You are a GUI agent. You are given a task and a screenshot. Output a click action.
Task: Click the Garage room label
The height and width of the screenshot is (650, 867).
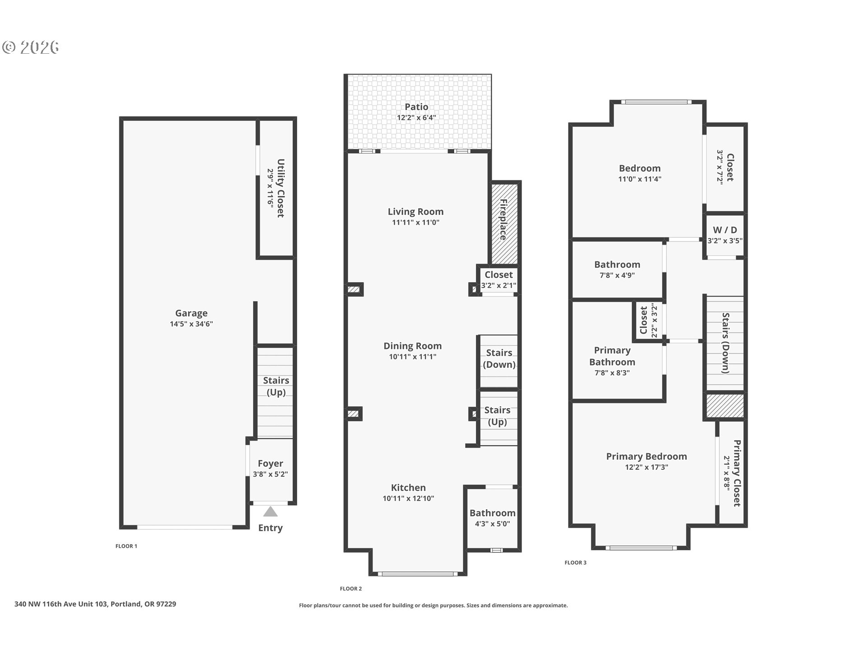pyautogui.click(x=191, y=313)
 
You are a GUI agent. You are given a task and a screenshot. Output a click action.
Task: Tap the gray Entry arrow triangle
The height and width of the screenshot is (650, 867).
pyautogui.click(x=270, y=512)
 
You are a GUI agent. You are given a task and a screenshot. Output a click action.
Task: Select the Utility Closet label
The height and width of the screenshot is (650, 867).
pyautogui.click(x=280, y=188)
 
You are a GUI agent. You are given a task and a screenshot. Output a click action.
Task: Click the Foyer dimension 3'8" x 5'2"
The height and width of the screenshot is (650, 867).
pyautogui.click(x=270, y=474)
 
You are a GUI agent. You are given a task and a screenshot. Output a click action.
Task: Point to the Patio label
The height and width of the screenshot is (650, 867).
pyautogui.click(x=416, y=107)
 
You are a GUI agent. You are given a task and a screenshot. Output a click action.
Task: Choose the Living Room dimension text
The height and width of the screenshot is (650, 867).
pyautogui.click(x=415, y=223)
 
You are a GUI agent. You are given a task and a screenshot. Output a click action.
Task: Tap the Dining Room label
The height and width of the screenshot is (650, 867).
pyautogui.click(x=413, y=346)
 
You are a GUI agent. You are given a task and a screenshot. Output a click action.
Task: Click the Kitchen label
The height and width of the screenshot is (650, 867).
pyautogui.click(x=408, y=488)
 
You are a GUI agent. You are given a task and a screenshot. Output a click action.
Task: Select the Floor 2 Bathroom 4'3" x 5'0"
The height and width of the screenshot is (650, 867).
pyautogui.click(x=492, y=524)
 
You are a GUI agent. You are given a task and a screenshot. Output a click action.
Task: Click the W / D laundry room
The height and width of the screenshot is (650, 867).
pyautogui.click(x=725, y=235)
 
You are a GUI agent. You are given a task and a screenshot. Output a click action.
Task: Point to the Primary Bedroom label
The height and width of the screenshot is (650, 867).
pyautogui.click(x=647, y=456)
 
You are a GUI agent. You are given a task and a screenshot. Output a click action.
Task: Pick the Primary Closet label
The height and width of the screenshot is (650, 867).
pyautogui.click(x=737, y=473)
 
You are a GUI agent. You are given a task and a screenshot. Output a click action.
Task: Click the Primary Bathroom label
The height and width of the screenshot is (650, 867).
pyautogui.click(x=612, y=356)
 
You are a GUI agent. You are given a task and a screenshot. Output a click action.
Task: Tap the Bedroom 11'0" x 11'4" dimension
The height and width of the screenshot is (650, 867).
pyautogui.click(x=640, y=179)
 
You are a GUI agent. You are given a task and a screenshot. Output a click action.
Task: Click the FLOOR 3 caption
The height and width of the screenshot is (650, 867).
pyautogui.click(x=576, y=562)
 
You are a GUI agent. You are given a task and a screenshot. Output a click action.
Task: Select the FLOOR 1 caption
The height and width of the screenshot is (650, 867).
pyautogui.click(x=126, y=546)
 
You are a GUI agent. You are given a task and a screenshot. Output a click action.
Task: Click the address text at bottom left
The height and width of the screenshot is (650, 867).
pyautogui.click(x=95, y=604)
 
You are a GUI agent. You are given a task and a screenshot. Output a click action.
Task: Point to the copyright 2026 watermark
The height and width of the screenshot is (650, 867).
pyautogui.click(x=31, y=47)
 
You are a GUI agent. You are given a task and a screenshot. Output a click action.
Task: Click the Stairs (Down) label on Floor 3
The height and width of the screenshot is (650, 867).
pyautogui.click(x=726, y=343)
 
